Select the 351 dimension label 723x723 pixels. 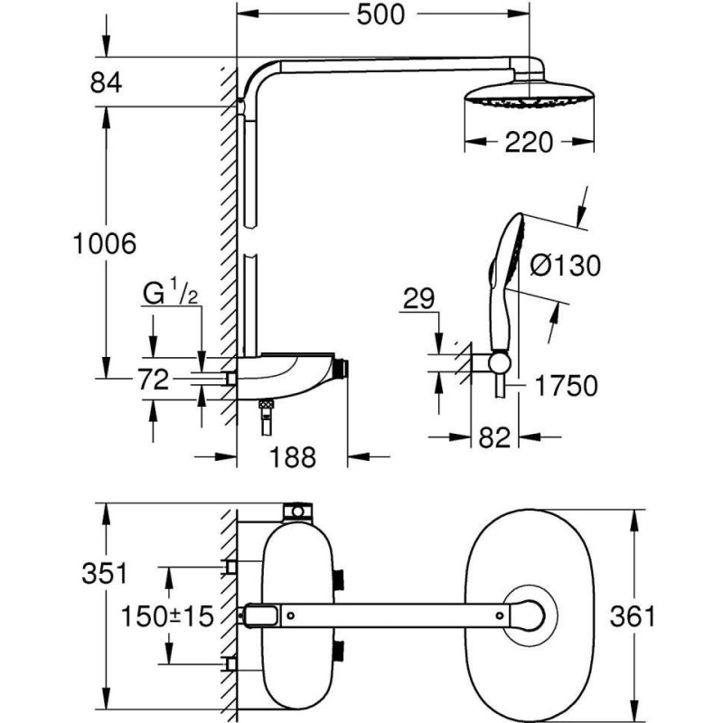tap(107, 574)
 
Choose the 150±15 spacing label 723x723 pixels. tap(169, 617)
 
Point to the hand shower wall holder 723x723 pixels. tap(498, 363)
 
